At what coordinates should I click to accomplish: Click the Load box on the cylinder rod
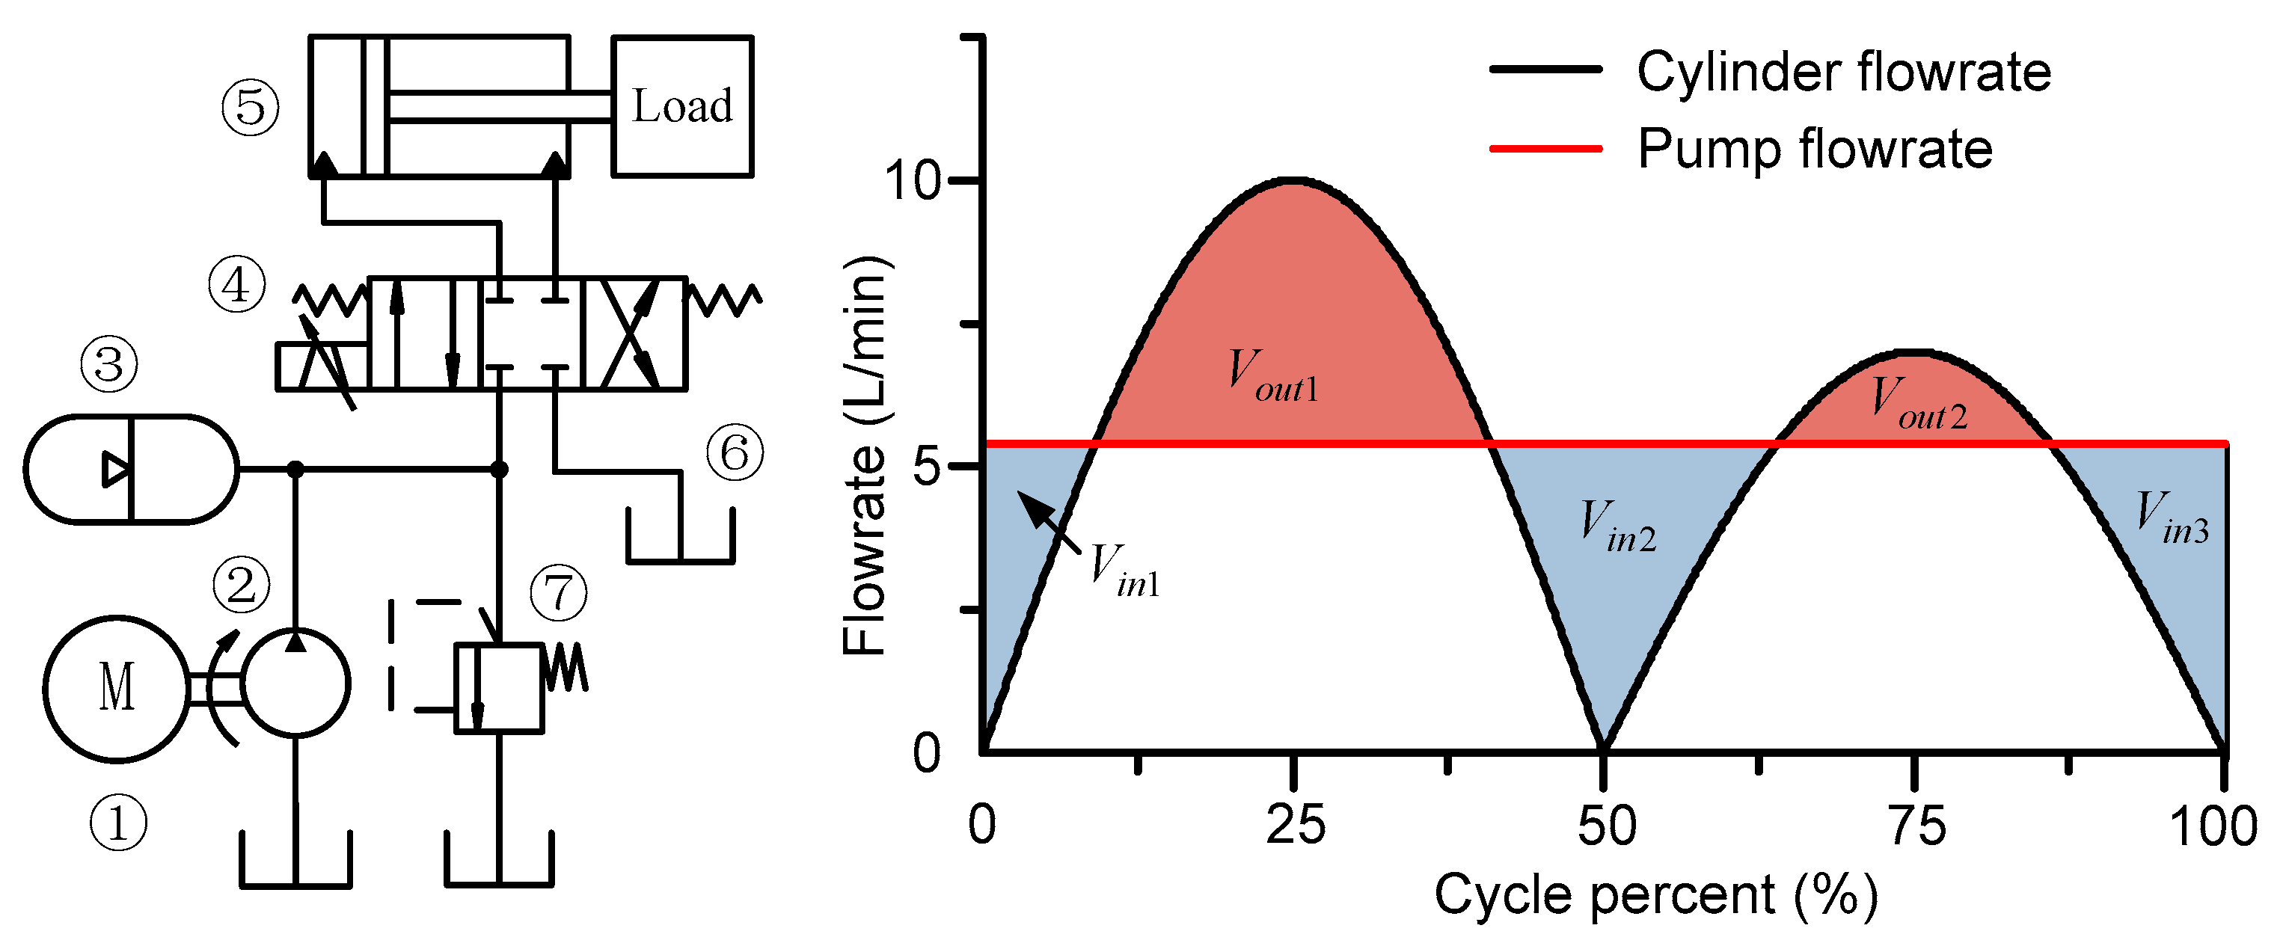[x=681, y=106]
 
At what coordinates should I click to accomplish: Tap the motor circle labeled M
[x=116, y=688]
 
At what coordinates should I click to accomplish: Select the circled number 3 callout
[x=109, y=364]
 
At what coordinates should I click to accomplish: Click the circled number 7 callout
[x=558, y=593]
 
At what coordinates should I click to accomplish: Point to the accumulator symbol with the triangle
[x=131, y=469]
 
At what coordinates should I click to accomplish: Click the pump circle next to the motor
[x=296, y=684]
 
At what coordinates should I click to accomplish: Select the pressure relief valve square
[x=499, y=688]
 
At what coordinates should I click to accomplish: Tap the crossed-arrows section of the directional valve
[x=633, y=334]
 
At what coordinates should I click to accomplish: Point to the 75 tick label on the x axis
[x=1917, y=826]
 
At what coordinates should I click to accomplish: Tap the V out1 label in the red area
[x=1272, y=376]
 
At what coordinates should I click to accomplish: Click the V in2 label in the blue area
[x=1618, y=526]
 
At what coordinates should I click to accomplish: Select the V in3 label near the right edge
[x=2172, y=518]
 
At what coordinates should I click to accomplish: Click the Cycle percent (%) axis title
[x=1655, y=895]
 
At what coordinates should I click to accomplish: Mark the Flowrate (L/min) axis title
[x=864, y=455]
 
